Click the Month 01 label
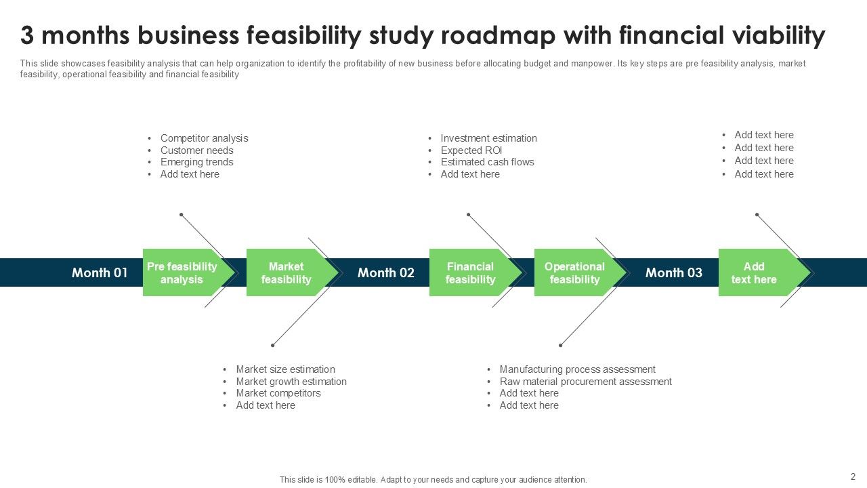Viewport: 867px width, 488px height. point(100,272)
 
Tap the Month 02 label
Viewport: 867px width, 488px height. point(385,272)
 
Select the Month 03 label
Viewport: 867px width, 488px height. point(673,272)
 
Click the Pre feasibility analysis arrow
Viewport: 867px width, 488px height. point(183,272)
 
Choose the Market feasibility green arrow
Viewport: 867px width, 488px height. point(287,272)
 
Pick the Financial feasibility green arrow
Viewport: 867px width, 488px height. point(471,272)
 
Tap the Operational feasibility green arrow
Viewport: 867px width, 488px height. point(575,272)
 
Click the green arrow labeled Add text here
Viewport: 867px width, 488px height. point(755,272)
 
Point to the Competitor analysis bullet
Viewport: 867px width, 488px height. point(204,138)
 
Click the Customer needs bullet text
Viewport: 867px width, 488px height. point(196,150)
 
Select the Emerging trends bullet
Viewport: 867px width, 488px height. point(196,162)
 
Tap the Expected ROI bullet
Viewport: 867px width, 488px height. point(471,150)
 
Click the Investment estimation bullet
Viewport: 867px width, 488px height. point(488,138)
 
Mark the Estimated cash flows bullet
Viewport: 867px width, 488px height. point(487,162)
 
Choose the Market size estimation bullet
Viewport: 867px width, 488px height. point(285,369)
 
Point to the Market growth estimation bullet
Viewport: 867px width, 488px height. point(291,382)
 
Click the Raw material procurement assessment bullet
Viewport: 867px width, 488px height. point(585,382)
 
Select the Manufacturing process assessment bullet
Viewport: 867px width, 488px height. point(577,369)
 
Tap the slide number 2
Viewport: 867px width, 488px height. point(853,476)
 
